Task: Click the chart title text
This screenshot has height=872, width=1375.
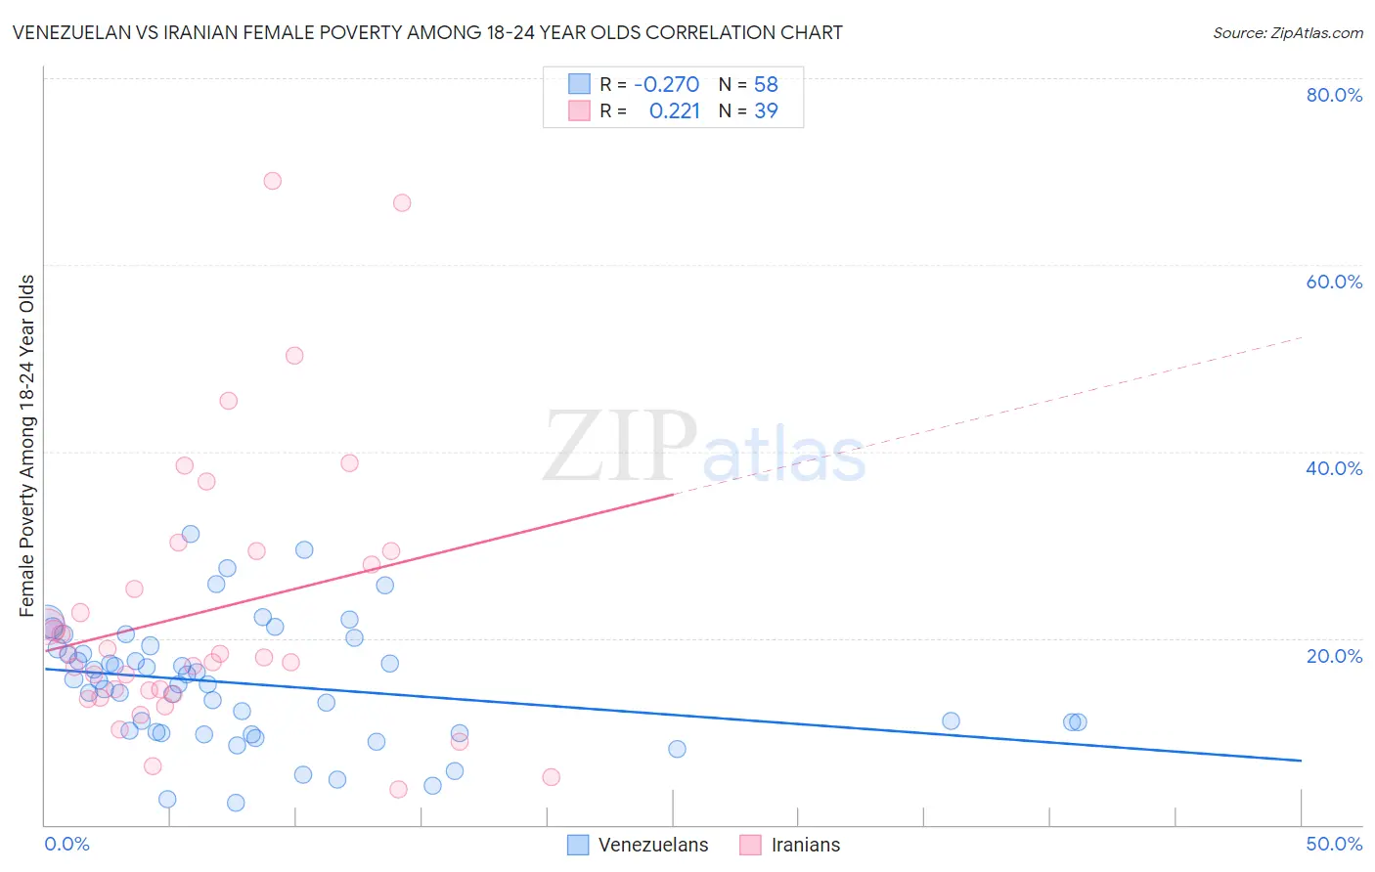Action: point(426,32)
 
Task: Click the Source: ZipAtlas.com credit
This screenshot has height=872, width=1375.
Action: point(1287,32)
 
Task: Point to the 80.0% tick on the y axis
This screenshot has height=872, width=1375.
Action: point(1334,95)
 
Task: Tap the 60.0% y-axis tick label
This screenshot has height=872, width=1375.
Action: point(1334,282)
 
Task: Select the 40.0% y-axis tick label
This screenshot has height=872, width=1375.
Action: point(1334,468)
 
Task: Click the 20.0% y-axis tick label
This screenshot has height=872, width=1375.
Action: point(1334,656)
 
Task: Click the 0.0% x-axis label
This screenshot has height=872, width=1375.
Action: point(67,844)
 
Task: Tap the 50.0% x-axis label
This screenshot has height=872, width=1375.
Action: point(1334,844)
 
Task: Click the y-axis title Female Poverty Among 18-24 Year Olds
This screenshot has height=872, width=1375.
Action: point(27,446)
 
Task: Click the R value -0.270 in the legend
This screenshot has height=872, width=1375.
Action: point(666,85)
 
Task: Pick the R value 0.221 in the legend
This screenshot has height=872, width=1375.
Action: point(674,111)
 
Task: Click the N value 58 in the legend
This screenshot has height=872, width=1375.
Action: point(766,85)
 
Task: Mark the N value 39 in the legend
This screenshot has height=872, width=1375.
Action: point(766,111)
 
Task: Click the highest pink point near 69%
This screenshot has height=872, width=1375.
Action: point(273,181)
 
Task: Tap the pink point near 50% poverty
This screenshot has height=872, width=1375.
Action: point(294,356)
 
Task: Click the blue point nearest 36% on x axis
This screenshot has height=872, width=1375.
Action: point(951,721)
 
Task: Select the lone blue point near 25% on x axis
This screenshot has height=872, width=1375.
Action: point(677,749)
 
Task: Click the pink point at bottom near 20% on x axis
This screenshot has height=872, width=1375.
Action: point(551,777)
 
